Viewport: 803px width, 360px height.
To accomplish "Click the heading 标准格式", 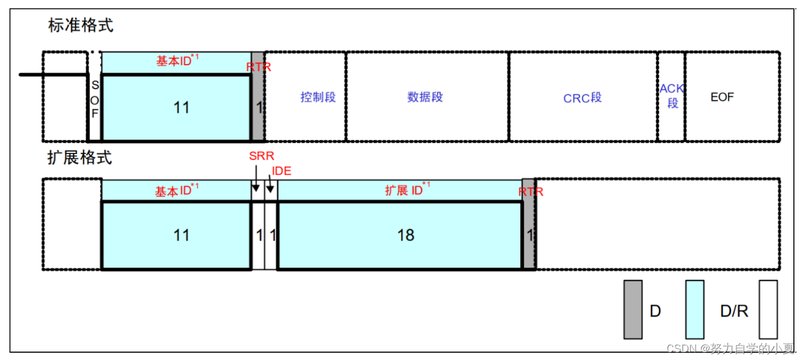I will tap(80, 25).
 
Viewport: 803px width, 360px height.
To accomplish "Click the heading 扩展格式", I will tap(80, 158).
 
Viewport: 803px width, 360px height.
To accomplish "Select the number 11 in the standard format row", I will tap(181, 108).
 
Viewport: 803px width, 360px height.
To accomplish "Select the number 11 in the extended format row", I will tap(181, 235).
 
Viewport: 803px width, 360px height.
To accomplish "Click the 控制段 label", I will tap(318, 97).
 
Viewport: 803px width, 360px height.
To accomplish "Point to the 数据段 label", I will tap(425, 97).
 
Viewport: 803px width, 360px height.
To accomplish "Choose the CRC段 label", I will tap(582, 98).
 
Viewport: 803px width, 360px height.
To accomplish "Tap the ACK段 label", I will tap(671, 96).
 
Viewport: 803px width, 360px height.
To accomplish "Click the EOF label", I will tap(722, 97).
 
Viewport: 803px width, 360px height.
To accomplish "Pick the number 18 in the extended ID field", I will tap(406, 235).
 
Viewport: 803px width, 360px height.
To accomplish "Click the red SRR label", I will tap(261, 156).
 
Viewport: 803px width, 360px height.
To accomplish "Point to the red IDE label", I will tap(281, 171).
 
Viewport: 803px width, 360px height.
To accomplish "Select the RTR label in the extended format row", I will tap(531, 191).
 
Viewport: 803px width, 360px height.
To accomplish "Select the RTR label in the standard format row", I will tap(259, 66).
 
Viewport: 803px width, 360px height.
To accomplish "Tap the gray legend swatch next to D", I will tap(633, 309).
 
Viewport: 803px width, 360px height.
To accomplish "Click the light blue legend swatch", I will tap(695, 309).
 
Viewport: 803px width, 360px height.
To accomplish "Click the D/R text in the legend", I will tap(734, 311).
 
